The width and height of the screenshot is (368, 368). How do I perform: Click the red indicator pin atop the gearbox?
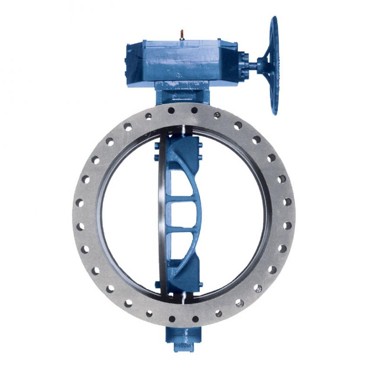[x=182, y=34]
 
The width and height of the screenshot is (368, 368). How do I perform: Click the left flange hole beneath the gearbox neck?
[x=171, y=111]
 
